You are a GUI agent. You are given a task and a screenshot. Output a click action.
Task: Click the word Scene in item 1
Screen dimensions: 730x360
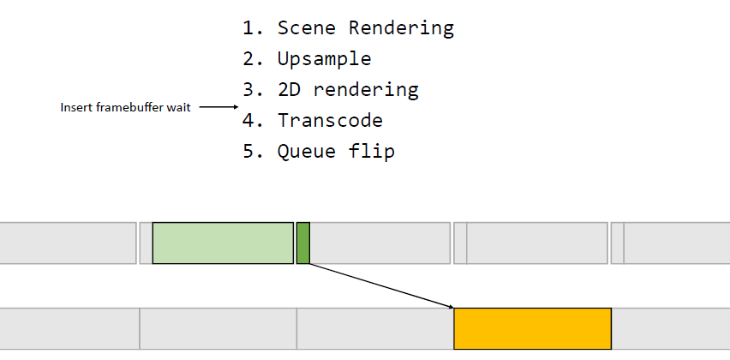click(x=307, y=28)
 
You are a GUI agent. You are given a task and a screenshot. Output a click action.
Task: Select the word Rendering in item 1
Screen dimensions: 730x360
click(x=401, y=29)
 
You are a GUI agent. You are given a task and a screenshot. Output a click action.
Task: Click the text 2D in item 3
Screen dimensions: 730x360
click(x=290, y=89)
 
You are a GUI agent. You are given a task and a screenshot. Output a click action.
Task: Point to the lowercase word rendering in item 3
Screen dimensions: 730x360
click(x=366, y=90)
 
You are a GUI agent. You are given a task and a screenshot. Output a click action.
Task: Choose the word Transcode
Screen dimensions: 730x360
click(x=330, y=120)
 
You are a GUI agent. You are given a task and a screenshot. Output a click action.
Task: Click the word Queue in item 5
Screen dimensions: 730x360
click(x=307, y=152)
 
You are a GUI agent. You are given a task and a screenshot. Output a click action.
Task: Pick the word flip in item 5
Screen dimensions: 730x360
click(x=372, y=152)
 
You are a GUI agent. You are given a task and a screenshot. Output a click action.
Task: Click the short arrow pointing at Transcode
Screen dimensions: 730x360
click(x=218, y=107)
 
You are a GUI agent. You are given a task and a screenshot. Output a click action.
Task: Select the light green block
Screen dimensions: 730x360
click(x=223, y=243)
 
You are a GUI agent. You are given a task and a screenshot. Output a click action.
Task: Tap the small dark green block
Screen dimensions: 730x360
click(x=303, y=243)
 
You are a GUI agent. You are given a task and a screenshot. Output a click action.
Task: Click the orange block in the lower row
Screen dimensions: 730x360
click(x=533, y=328)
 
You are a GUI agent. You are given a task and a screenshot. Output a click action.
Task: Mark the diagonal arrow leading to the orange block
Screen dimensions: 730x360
click(x=382, y=286)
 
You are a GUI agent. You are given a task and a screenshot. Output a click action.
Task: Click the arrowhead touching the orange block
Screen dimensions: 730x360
click(x=452, y=307)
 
